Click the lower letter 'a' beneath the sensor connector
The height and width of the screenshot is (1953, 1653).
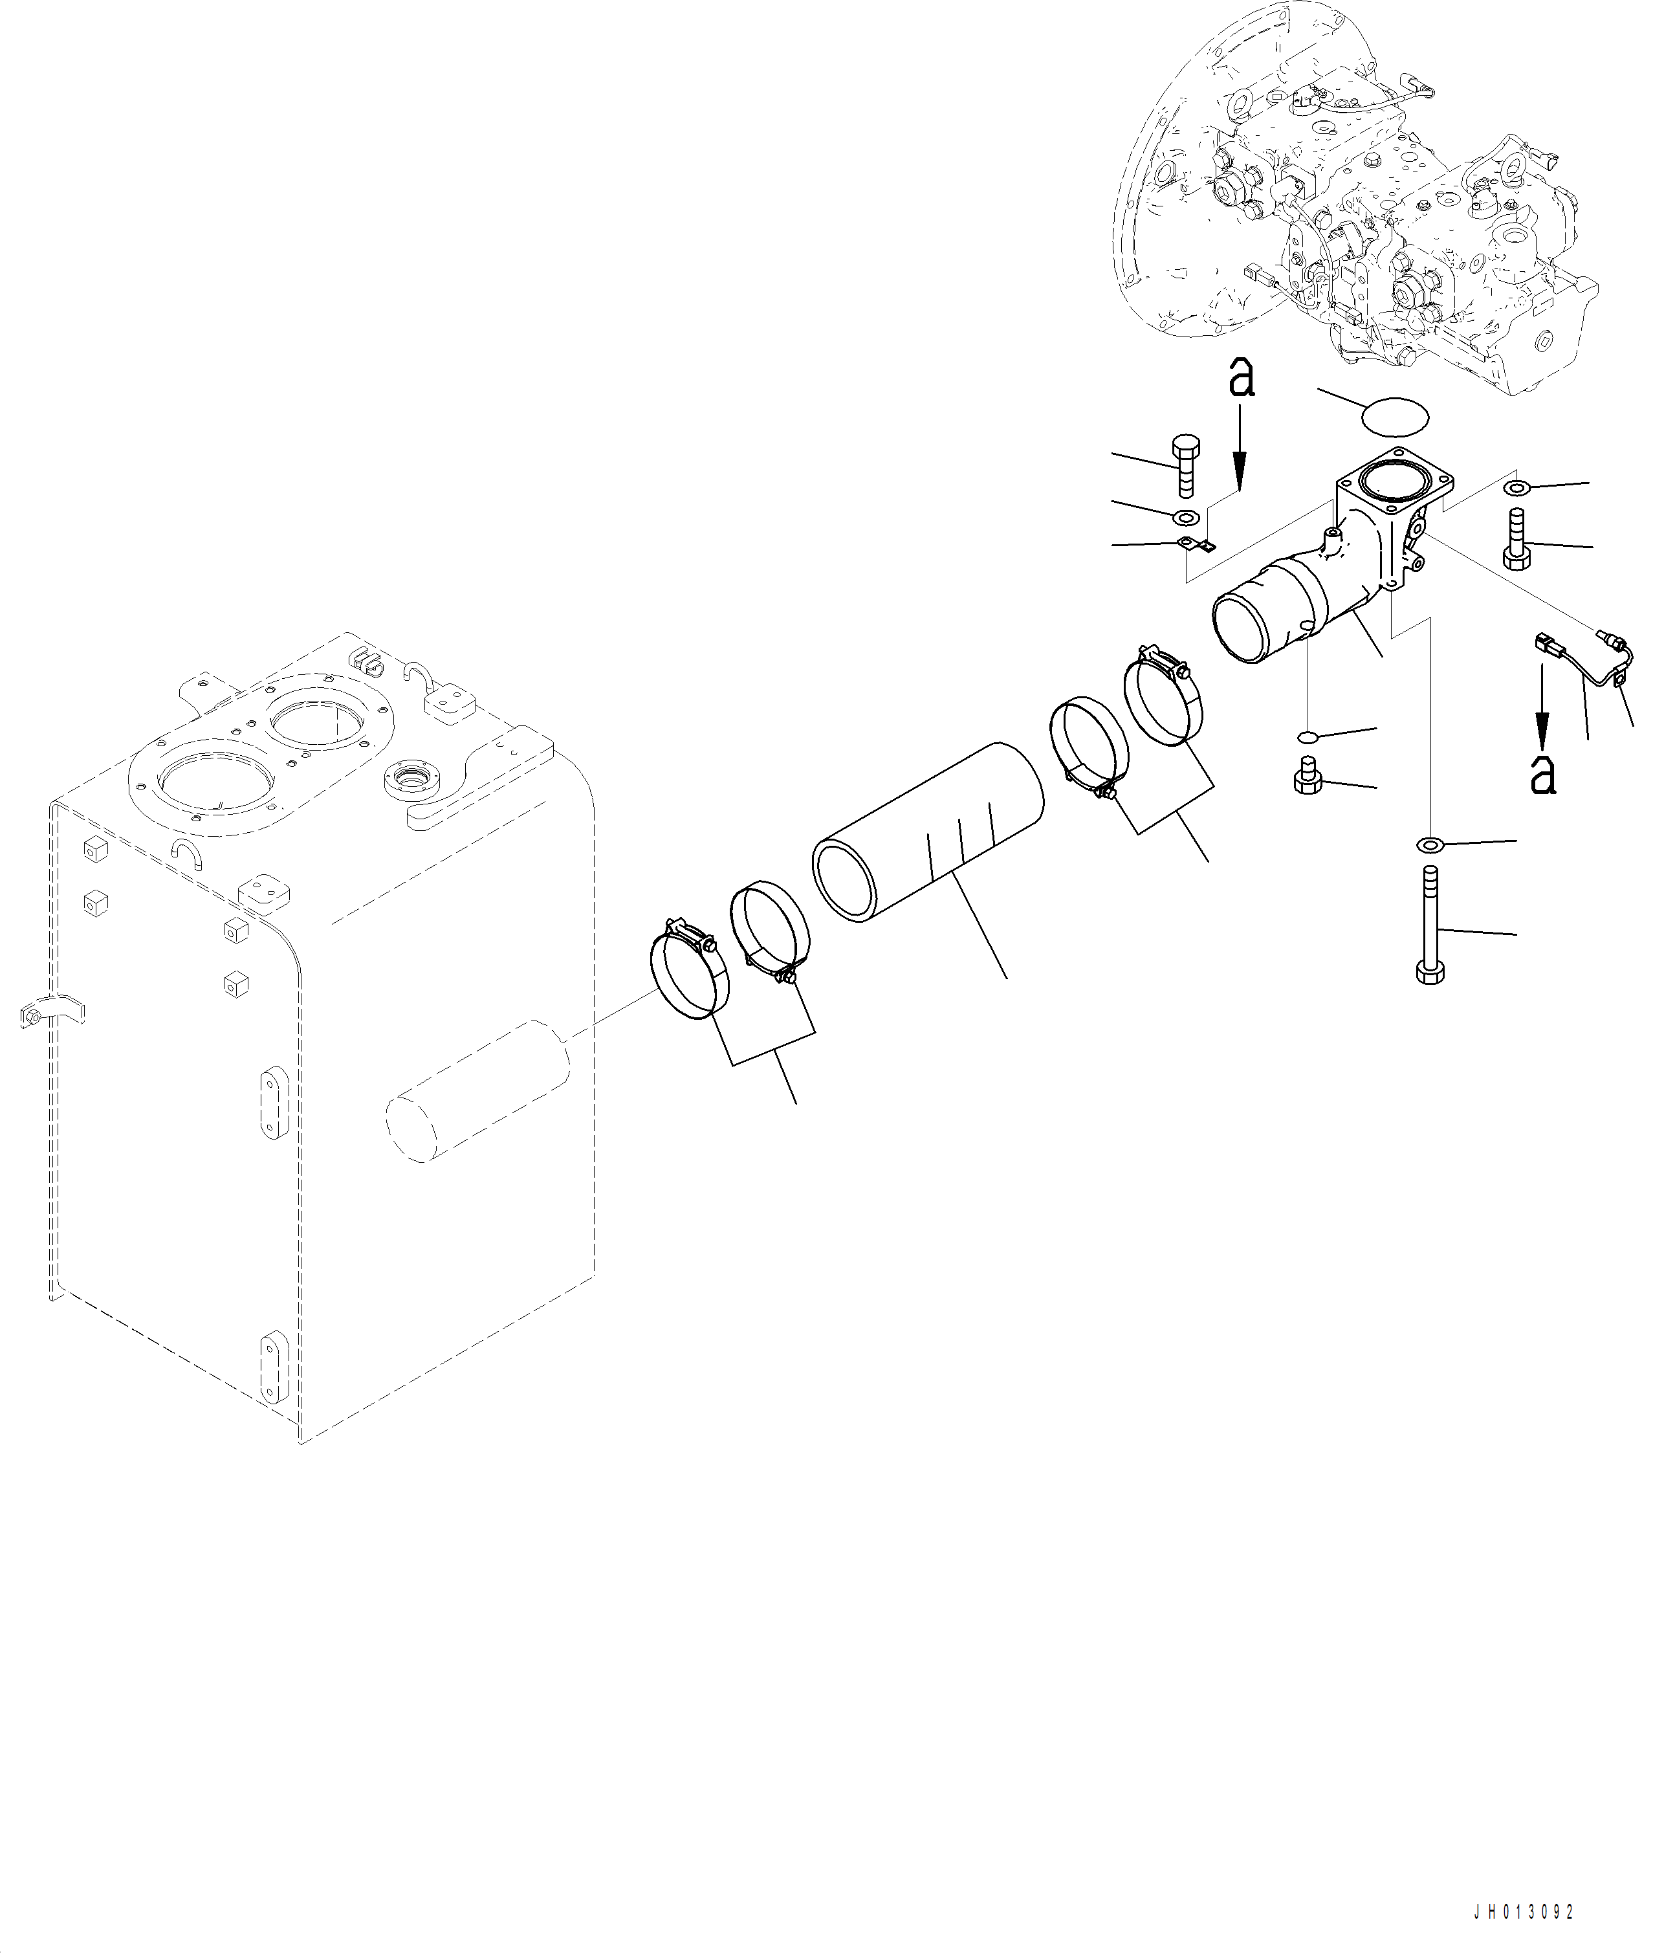(1542, 775)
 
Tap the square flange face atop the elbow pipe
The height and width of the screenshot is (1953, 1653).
(1396, 485)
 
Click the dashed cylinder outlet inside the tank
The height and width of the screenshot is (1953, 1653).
(478, 1092)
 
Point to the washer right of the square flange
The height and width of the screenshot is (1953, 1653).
(1517, 487)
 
